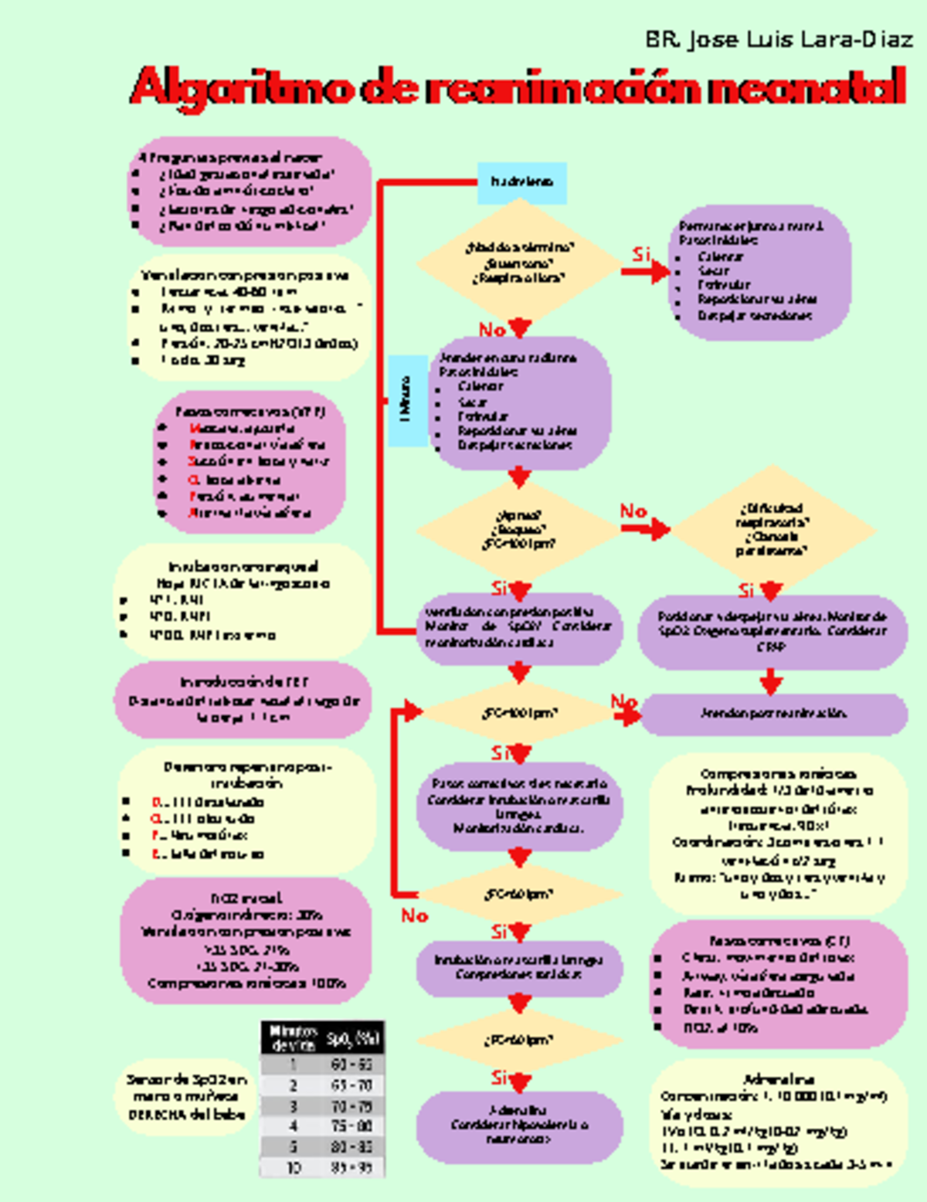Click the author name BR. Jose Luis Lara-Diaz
[779, 40]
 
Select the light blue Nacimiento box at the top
[522, 183]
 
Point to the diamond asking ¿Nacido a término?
[519, 263]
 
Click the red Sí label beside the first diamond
[642, 255]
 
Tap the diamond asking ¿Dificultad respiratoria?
[771, 529]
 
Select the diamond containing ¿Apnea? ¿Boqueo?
[518, 530]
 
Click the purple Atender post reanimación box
[773, 714]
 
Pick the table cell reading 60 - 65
[351, 1064]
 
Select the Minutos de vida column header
[293, 1038]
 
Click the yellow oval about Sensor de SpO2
[187, 1097]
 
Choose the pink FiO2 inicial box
[246, 940]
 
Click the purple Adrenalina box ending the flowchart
[519, 1125]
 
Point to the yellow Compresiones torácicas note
[778, 834]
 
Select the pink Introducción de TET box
[244, 700]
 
